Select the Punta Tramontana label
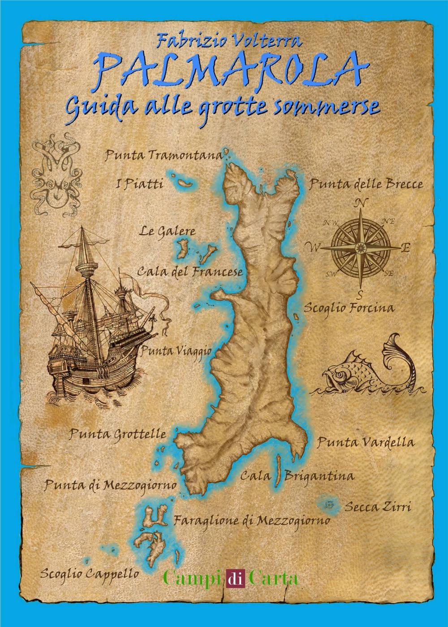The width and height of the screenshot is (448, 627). point(164,156)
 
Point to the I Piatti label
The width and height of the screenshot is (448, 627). point(139,184)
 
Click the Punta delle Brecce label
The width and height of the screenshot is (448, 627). point(366,184)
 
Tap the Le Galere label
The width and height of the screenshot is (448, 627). point(167,232)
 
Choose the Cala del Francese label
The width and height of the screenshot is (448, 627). point(190,272)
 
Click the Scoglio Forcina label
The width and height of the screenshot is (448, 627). point(349,308)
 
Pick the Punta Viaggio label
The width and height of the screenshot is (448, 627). point(176,350)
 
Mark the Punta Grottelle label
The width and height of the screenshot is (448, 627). point(118,434)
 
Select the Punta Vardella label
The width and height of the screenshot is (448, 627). point(366,442)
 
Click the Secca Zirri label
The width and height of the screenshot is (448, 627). point(378,507)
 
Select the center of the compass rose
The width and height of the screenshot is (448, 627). point(360,247)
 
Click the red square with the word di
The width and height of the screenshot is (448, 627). point(236,578)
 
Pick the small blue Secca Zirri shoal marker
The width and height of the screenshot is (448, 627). point(330,504)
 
